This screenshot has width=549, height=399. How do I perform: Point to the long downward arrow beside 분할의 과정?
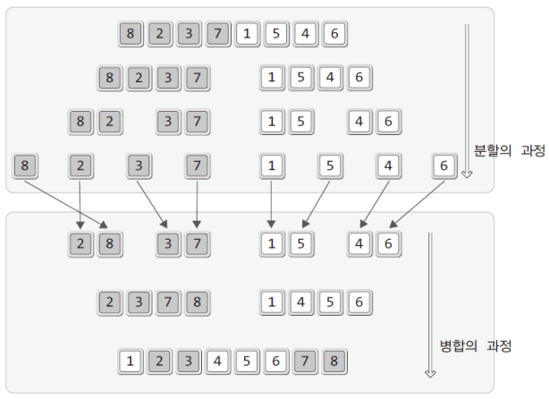(x=466, y=98)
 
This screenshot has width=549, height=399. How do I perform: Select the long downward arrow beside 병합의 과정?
(x=429, y=304)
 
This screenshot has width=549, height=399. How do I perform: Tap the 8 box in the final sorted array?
(x=334, y=362)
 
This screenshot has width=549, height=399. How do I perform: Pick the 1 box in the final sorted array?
(x=131, y=362)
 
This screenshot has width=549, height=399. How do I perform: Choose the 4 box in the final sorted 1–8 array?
(x=217, y=362)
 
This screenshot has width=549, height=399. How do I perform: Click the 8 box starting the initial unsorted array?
(x=131, y=34)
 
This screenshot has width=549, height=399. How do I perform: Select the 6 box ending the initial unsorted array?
(x=334, y=34)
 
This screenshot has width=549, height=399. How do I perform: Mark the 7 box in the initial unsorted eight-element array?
(x=217, y=34)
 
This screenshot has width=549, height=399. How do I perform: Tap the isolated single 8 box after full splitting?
(x=24, y=166)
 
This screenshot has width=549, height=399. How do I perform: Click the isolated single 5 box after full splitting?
(x=330, y=166)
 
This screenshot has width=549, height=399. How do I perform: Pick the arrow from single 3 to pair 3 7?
(x=151, y=202)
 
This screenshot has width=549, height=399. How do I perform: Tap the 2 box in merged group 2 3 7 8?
(x=109, y=302)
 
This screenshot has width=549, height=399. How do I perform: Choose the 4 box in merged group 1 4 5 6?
(x=300, y=302)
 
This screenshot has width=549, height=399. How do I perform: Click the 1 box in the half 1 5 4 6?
(x=272, y=78)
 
